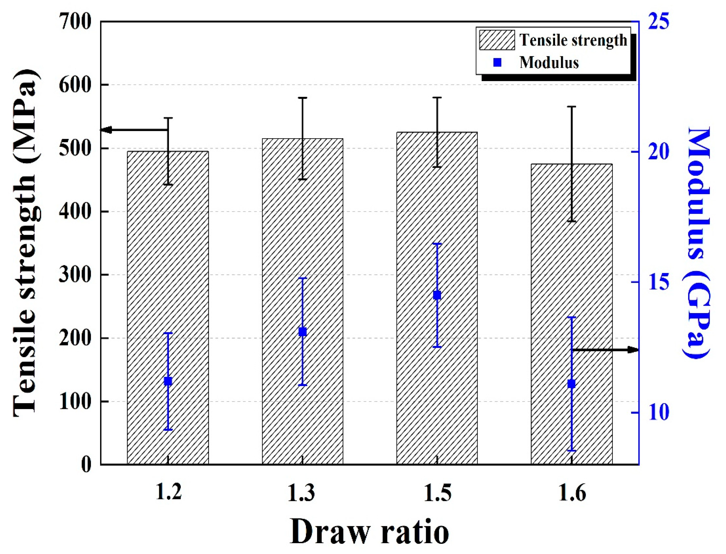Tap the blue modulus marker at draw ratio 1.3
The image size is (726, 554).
click(303, 332)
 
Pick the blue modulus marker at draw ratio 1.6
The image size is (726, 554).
click(571, 384)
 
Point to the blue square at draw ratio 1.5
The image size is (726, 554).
click(437, 295)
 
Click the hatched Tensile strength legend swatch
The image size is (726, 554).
click(497, 40)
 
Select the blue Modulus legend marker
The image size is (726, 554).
click(497, 62)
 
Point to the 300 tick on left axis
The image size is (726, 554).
click(75, 275)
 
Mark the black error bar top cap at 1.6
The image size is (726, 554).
click(571, 107)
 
